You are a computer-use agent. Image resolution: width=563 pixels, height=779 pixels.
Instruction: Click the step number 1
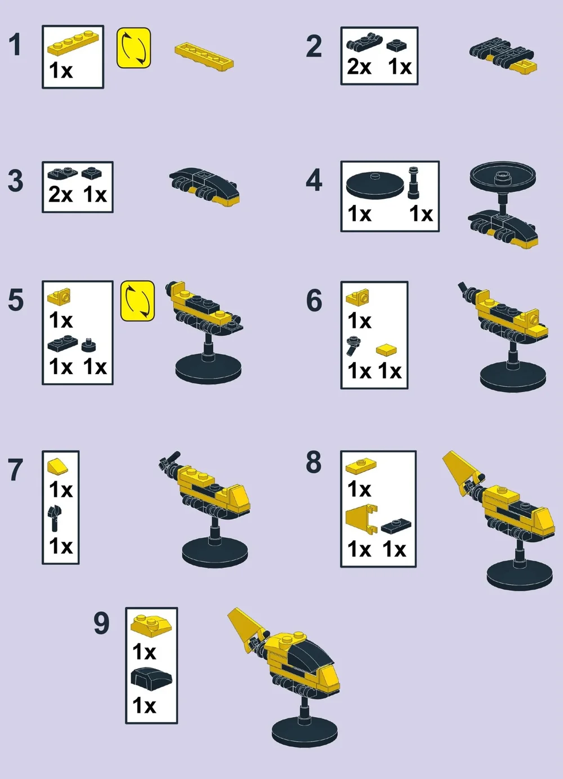pyautogui.click(x=15, y=45)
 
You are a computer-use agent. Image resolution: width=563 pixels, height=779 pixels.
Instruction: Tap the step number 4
pyautogui.click(x=314, y=180)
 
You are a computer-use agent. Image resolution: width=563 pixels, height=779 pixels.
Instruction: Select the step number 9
pyautogui.click(x=101, y=623)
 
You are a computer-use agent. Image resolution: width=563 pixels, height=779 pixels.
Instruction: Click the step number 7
pyautogui.click(x=15, y=470)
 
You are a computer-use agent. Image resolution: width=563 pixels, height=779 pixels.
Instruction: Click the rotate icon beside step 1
pyautogui.click(x=133, y=48)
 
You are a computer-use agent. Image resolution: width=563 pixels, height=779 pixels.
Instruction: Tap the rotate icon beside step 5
pyautogui.click(x=137, y=301)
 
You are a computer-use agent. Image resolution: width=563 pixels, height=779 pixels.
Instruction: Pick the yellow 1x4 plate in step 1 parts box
pyautogui.click(x=73, y=43)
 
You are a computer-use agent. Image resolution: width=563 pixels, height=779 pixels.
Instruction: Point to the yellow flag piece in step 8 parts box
pyautogui.click(x=360, y=518)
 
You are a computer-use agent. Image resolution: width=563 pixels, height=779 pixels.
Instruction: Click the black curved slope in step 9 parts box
pyautogui.click(x=151, y=678)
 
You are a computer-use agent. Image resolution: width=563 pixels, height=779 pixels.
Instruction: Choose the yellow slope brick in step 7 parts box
pyautogui.click(x=58, y=466)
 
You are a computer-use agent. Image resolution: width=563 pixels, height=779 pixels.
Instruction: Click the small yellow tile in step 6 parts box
pyautogui.click(x=386, y=350)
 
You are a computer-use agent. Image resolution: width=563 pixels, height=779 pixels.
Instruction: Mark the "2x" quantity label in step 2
pyautogui.click(x=359, y=67)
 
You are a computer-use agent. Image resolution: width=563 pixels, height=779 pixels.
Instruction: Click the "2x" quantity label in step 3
pyautogui.click(x=60, y=195)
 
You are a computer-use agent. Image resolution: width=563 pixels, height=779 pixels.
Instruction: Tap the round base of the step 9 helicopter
pyautogui.click(x=305, y=732)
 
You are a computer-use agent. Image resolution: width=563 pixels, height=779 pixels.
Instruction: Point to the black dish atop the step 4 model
pyautogui.click(x=502, y=176)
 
